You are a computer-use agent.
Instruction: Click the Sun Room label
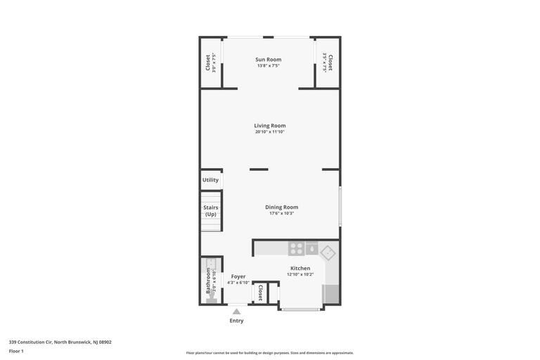pos(268,60)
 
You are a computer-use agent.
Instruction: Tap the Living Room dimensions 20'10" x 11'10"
pos(269,132)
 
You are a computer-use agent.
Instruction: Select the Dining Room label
pos(281,207)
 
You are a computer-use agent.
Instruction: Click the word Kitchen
pos(300,268)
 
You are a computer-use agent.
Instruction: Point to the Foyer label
pos(238,276)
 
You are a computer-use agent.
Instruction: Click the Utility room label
pos(210,180)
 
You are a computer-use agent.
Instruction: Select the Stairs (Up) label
pos(211,211)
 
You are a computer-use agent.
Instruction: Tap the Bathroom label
pos(208,280)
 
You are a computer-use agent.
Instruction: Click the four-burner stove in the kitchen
pos(296,249)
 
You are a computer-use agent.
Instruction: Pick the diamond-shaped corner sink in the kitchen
pos(328,252)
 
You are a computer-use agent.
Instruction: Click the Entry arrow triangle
pos(236,311)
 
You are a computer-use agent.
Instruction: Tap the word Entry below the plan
pos(236,321)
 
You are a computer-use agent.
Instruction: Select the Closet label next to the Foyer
pos(260,292)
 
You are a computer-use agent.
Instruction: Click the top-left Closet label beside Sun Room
pos(208,63)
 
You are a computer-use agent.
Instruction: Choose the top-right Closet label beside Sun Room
pos(330,63)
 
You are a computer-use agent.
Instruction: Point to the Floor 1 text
pos(16,351)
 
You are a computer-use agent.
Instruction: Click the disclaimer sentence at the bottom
pos(269,353)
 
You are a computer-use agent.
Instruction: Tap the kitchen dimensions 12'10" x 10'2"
pos(300,274)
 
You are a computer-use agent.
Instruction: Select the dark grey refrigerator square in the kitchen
pos(311,249)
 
